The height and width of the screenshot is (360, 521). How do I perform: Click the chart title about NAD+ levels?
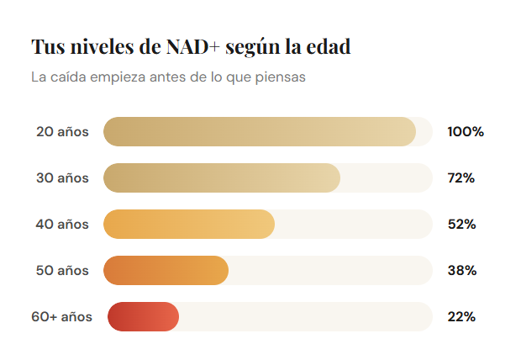191,47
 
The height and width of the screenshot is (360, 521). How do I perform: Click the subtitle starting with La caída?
167,77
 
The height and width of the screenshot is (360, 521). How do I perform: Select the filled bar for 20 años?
259,132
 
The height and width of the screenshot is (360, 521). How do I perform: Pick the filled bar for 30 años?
221,178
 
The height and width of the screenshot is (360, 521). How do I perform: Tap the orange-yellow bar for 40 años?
189,225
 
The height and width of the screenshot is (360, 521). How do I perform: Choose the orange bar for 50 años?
166,271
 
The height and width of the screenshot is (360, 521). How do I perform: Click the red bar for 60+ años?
143,316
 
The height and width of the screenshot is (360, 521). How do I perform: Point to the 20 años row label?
62,132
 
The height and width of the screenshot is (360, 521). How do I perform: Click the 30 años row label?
62,178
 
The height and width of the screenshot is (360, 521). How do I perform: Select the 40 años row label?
62,225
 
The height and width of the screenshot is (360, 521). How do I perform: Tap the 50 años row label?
62,271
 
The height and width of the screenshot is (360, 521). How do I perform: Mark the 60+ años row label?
62,317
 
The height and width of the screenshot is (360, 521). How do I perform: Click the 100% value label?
466,132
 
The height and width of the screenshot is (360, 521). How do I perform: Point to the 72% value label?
461,178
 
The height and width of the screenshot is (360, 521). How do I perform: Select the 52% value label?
461,225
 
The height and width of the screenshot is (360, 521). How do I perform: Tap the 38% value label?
461,271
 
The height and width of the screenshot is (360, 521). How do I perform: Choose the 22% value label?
461,317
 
